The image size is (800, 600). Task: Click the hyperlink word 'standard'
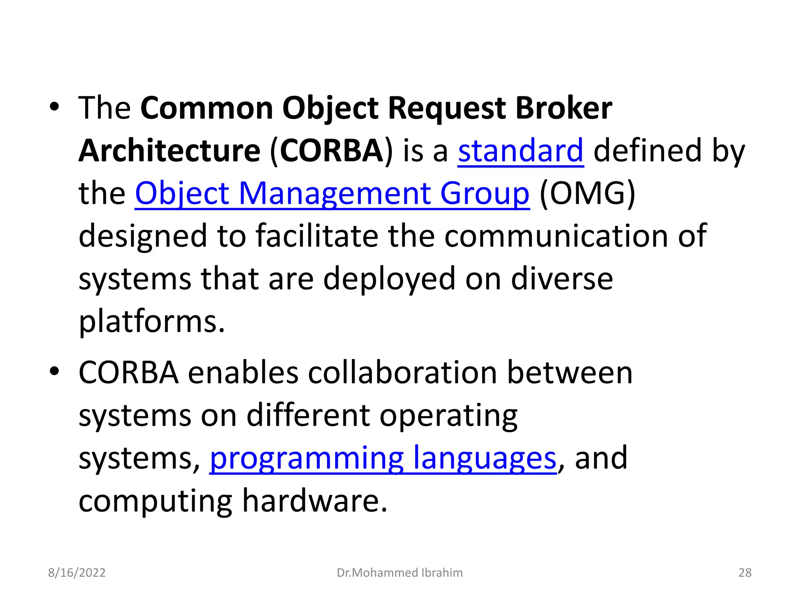click(x=521, y=151)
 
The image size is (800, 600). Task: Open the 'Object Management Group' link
click(x=332, y=193)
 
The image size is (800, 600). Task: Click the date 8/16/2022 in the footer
click(x=77, y=573)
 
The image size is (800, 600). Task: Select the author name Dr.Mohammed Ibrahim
click(x=400, y=573)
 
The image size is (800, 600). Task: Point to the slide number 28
click(x=745, y=573)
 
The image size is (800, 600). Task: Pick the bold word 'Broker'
click(x=564, y=108)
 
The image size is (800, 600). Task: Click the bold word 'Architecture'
click(x=170, y=151)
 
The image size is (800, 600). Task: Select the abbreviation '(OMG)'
click(x=587, y=193)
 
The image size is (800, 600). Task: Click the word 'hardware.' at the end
click(x=315, y=501)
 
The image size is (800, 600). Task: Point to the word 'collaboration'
click(x=402, y=373)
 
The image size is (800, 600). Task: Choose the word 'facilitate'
click(x=317, y=236)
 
